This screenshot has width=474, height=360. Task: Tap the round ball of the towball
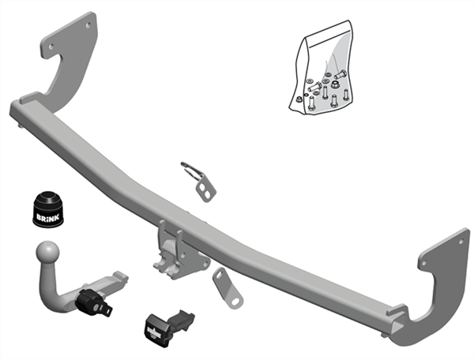[x=47, y=252]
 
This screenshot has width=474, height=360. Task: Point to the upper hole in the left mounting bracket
[x=88, y=25]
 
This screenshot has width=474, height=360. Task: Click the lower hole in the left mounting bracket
[x=51, y=47]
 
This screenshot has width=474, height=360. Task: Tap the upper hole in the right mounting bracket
[x=461, y=242]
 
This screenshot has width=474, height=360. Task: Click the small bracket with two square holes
[x=205, y=189]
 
